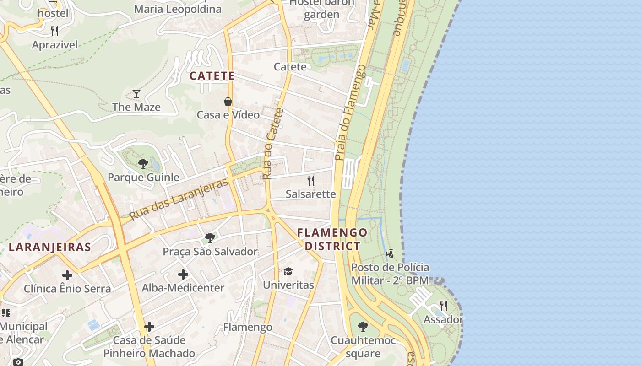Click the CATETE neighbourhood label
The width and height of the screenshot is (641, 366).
pos(212,76)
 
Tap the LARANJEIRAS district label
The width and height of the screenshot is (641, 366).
pos(50,248)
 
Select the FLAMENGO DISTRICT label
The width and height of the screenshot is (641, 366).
pos(332,239)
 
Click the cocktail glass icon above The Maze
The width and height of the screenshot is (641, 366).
pos(136,94)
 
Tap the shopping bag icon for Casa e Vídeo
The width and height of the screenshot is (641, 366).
pos(228,102)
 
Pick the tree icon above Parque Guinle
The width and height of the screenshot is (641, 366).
pos(143,163)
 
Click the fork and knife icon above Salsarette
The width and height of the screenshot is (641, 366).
pos(311,180)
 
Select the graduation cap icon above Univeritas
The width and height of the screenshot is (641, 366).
pos(288,271)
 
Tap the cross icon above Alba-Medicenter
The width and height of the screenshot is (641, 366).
pos(183,274)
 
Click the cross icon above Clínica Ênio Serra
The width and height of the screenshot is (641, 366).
pos(67,275)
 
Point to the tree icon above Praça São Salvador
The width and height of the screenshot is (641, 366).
pos(210,238)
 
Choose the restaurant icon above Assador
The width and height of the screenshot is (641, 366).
pos(443,306)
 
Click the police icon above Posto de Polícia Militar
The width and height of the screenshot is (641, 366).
pos(390,253)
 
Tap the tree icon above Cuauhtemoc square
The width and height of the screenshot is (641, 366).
pos(363,327)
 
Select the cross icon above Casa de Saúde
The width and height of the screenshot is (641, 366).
pos(149,327)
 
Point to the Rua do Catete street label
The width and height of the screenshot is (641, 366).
pos(273,143)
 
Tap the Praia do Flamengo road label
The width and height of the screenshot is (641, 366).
pos(350,113)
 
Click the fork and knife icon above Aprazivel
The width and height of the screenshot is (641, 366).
pos(54,31)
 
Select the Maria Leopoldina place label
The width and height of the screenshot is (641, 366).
pos(178,9)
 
